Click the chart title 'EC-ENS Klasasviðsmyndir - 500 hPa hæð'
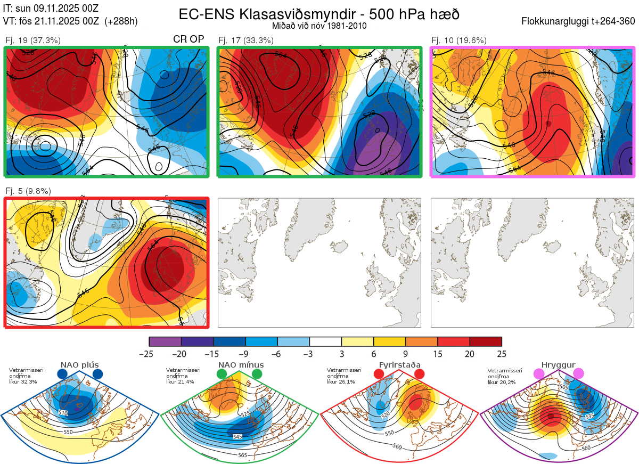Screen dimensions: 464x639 319,14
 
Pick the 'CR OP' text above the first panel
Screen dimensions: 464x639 189,39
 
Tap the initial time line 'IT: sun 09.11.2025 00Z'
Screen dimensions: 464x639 51,8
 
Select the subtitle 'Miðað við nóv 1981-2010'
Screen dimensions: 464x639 319,26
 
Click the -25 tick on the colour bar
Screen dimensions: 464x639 150,354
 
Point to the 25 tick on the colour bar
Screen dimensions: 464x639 501,354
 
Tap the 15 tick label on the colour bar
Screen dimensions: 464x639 437,354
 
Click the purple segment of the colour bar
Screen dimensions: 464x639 165,341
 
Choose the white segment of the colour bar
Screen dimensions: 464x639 325,341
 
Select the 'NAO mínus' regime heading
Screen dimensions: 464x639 241,365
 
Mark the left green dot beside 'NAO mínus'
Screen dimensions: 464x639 222,375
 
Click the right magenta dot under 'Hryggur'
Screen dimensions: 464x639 578,374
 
